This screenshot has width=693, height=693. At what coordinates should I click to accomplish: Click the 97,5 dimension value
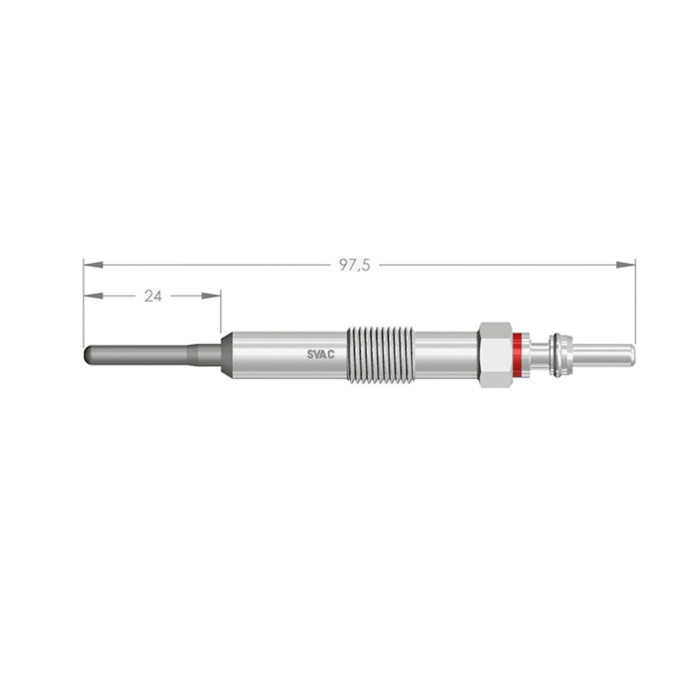pos(355,265)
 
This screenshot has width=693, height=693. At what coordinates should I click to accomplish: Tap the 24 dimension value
pos(153,296)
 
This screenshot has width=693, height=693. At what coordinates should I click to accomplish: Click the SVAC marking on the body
pos(321,355)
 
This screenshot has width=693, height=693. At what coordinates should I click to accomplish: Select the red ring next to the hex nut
pos(518,355)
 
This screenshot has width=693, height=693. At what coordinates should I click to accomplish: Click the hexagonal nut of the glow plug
pos(495,355)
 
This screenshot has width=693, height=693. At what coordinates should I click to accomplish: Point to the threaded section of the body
pos(380,355)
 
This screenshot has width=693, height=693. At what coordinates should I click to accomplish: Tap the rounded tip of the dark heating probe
pos(87,355)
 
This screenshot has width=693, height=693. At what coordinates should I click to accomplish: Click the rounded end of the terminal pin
pos(631,354)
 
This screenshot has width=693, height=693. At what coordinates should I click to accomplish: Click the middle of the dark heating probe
pos(139,355)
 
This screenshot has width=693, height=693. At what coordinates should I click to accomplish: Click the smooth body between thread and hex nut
pos(445,355)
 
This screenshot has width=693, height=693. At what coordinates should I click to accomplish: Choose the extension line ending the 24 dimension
pos(221,312)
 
